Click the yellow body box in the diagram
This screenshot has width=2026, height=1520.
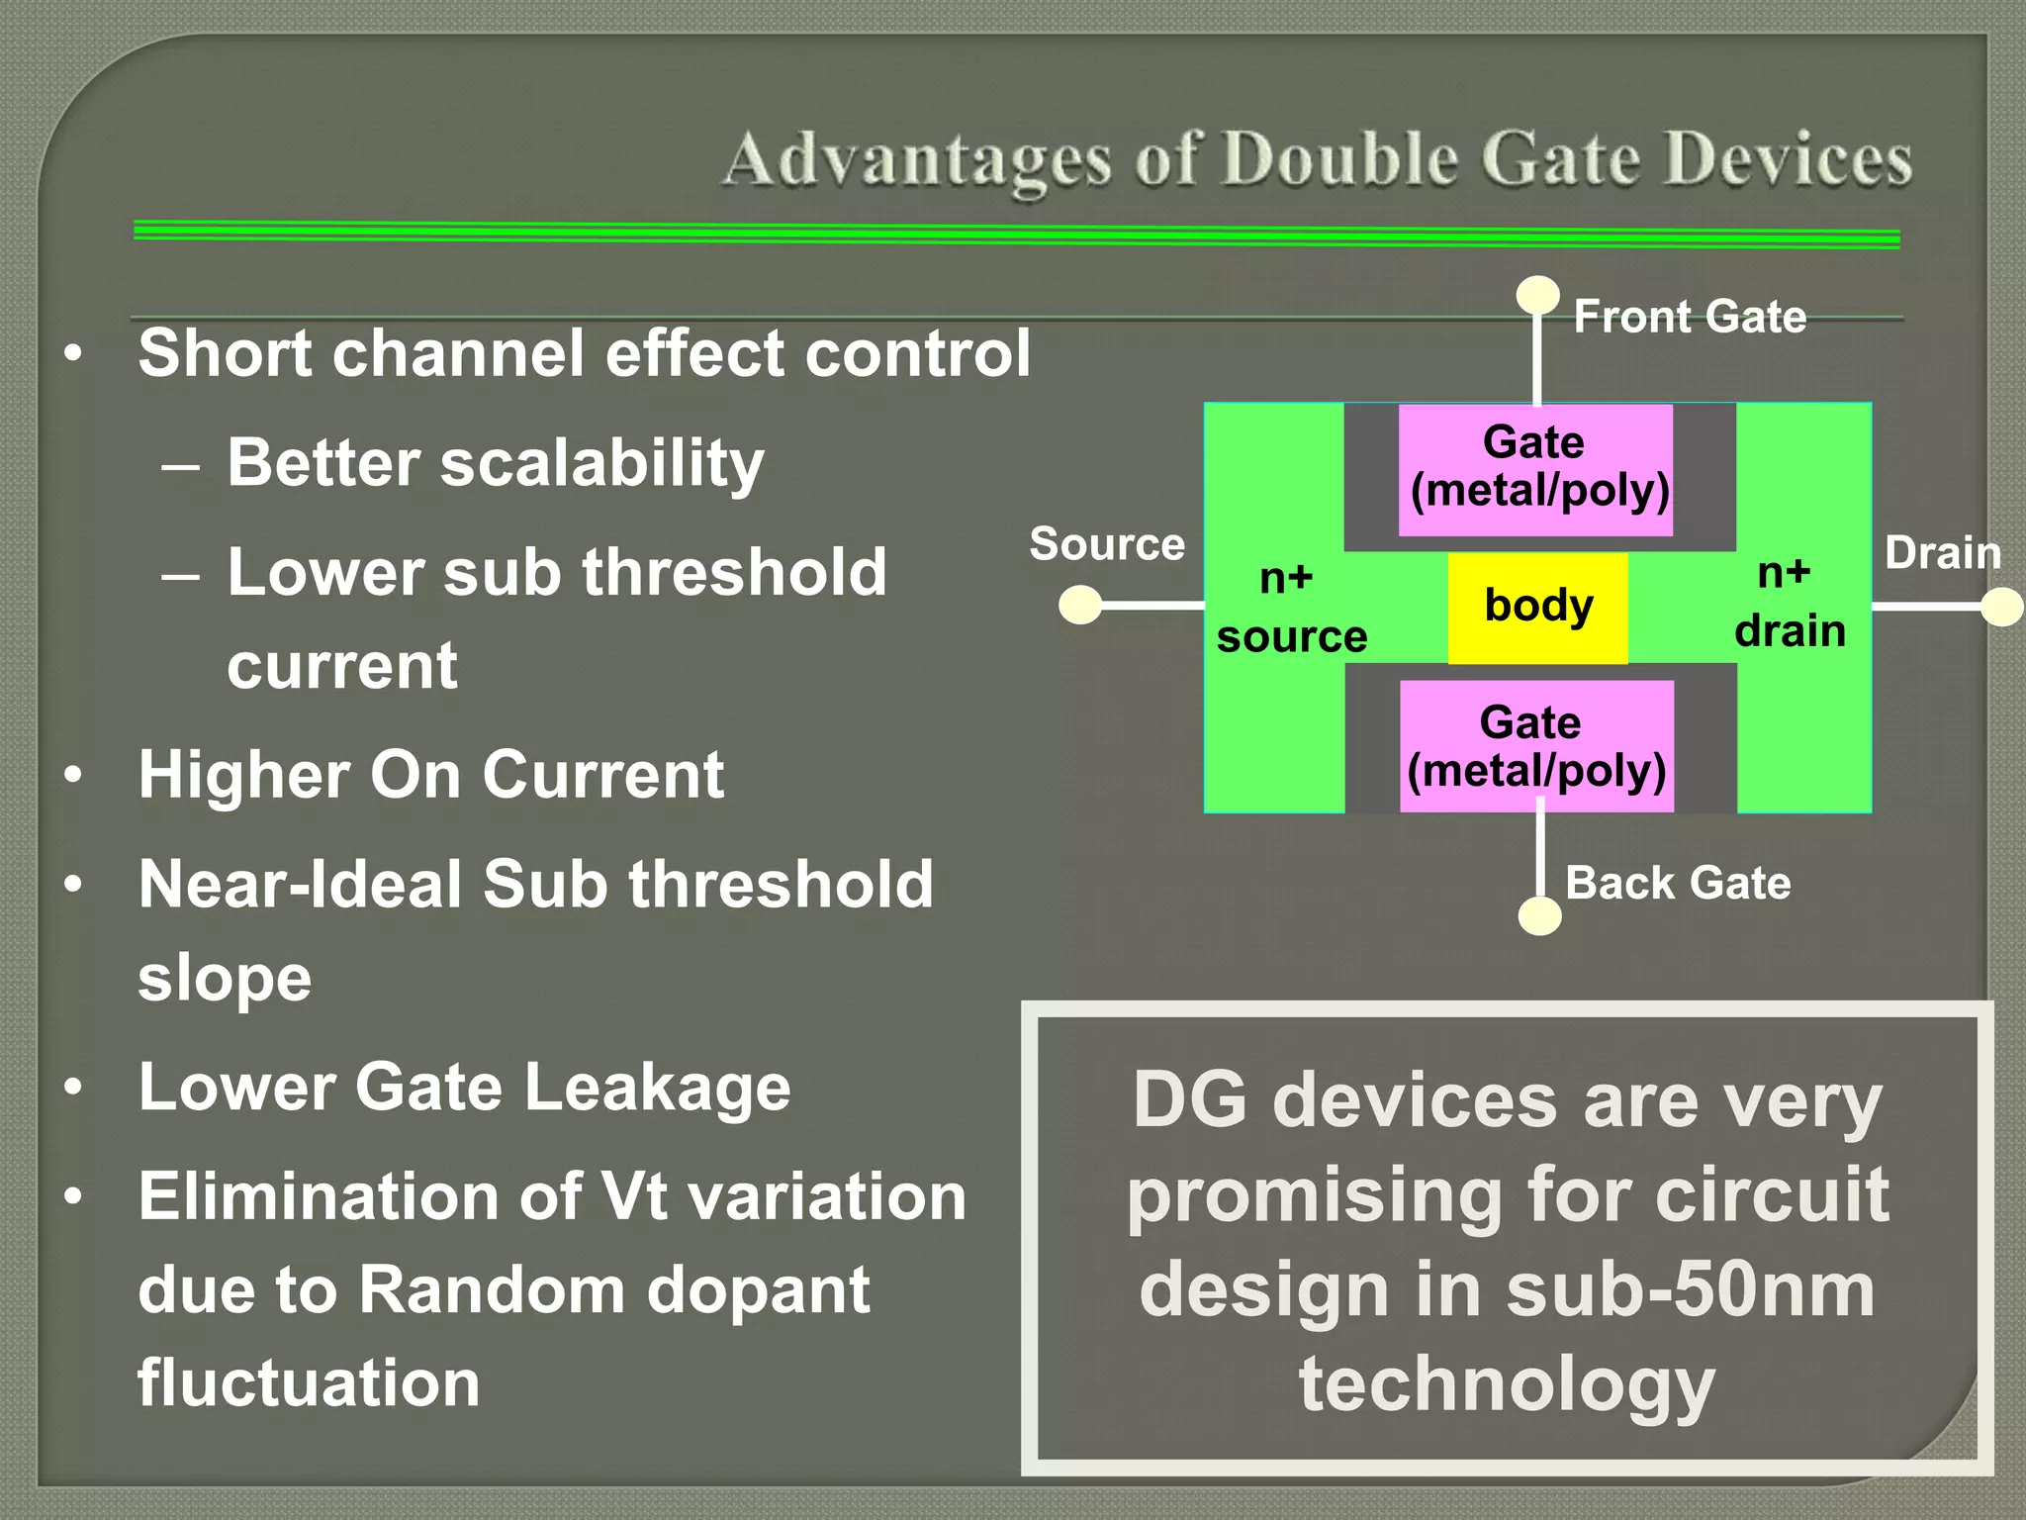(1537, 608)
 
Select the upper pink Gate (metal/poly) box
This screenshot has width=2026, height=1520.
(1535, 469)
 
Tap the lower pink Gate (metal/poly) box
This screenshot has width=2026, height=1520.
(1536, 747)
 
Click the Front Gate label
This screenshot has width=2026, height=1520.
(1690, 317)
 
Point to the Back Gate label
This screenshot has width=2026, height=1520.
(1678, 883)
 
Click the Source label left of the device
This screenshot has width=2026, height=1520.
(1107, 544)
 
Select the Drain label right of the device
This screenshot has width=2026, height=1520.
(1942, 552)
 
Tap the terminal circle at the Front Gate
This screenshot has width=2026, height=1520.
(1537, 295)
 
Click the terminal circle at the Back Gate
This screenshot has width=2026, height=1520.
(1539, 916)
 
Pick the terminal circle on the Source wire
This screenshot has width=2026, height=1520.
(1080, 605)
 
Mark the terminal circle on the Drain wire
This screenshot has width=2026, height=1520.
(2001, 607)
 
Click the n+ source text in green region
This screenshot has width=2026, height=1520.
(1291, 607)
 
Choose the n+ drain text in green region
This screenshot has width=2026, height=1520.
(1789, 602)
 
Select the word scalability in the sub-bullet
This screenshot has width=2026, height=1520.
(601, 463)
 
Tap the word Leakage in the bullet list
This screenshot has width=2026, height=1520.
(657, 1088)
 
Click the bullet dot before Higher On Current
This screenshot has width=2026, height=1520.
(73, 775)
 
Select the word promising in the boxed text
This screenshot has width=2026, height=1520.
(1315, 1195)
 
